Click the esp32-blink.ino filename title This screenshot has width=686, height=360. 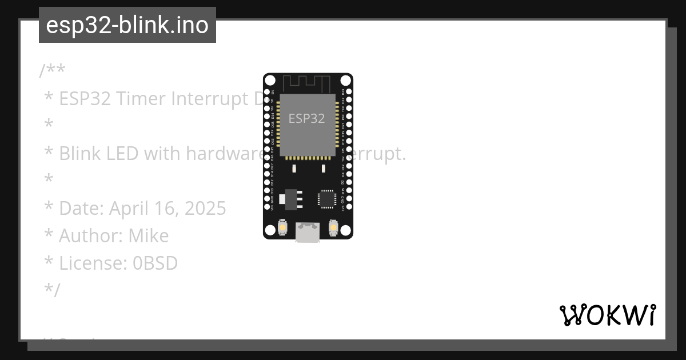tap(127, 25)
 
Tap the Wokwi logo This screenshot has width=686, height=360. tap(607, 315)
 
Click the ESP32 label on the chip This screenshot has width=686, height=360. tap(306, 118)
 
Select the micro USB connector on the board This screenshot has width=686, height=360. tap(308, 232)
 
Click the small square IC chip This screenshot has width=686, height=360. tap(326, 198)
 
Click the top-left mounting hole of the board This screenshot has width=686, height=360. tap(270, 81)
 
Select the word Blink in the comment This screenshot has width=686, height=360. tap(79, 154)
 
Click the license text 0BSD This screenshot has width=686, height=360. tap(155, 263)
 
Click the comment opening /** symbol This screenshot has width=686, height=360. tap(52, 71)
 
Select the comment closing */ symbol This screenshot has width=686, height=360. tap(52, 290)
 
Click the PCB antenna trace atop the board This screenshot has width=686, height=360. tap(309, 83)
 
